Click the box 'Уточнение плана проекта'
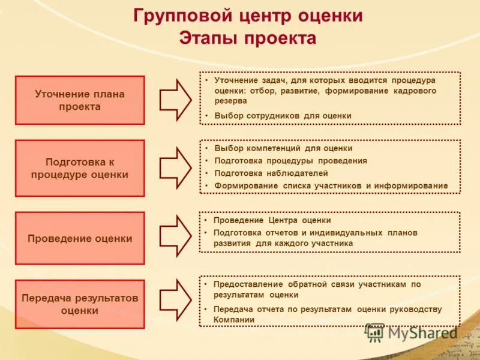(x=80, y=100)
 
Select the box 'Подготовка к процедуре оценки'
(x=80, y=168)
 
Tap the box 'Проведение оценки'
(x=80, y=238)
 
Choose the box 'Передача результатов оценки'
(x=80, y=304)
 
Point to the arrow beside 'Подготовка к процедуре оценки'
(x=175, y=167)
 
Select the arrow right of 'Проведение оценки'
(x=175, y=236)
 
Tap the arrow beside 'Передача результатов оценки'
(x=175, y=299)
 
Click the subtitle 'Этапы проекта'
(x=248, y=38)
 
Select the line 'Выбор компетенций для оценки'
(x=283, y=148)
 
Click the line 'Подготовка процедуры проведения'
(x=290, y=161)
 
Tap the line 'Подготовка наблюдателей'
(x=271, y=173)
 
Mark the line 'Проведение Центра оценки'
(x=272, y=220)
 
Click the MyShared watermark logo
(x=412, y=332)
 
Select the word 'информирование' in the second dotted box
(x=411, y=186)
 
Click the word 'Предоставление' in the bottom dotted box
(x=248, y=284)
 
